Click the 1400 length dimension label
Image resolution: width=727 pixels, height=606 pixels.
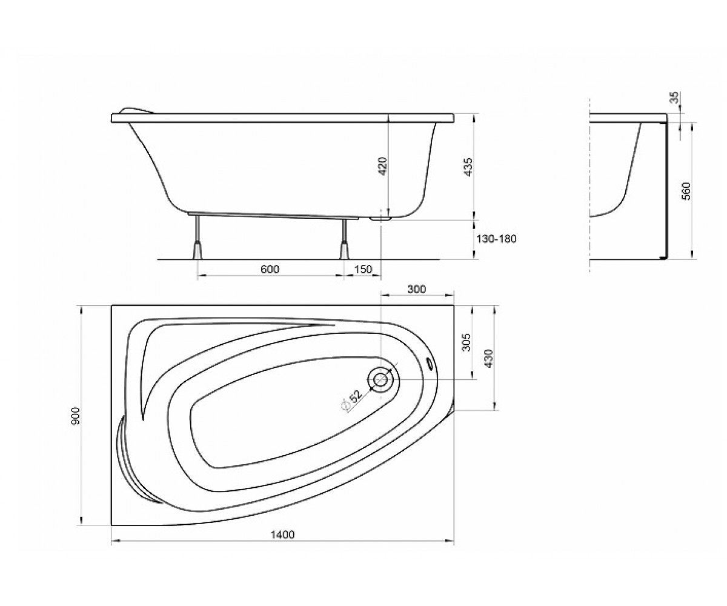point(282,534)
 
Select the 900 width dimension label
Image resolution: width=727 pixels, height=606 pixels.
point(76,416)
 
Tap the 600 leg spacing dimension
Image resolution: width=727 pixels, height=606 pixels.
point(270,269)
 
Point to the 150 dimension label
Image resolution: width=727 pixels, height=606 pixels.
point(363,269)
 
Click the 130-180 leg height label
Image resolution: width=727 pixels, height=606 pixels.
point(496,239)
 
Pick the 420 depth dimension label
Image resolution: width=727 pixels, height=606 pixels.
point(382,166)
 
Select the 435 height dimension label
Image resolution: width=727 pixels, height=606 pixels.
point(469,167)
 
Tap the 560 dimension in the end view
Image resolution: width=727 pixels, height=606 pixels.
point(686,191)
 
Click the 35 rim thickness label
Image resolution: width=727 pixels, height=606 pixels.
point(674,97)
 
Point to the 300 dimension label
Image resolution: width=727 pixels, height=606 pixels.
point(416,289)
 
